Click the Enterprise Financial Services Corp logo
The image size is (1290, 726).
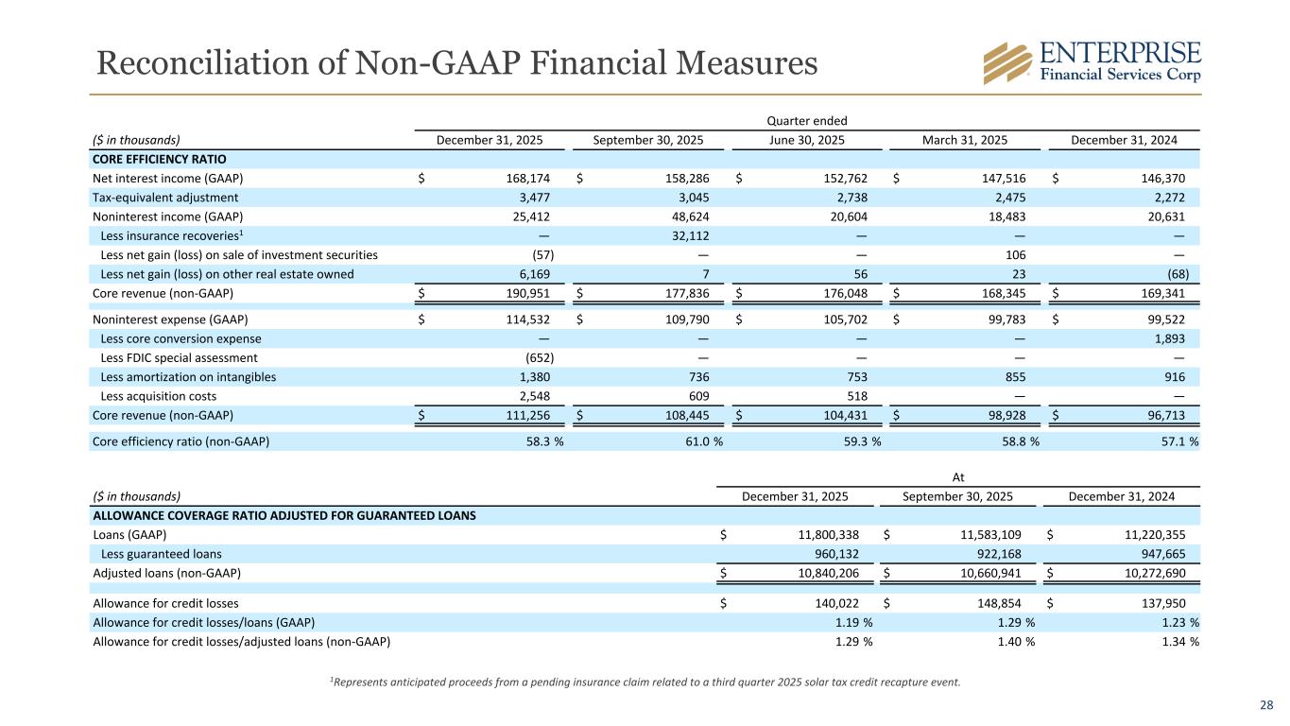(1092, 62)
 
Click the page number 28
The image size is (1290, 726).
(1268, 705)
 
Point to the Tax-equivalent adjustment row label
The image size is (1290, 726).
(165, 198)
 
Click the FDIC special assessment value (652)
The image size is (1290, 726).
(540, 358)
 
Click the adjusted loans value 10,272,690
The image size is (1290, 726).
(1146, 574)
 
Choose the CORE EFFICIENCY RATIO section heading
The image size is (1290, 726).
(159, 160)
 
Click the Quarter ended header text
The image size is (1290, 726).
(807, 120)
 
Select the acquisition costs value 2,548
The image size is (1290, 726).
(535, 396)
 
